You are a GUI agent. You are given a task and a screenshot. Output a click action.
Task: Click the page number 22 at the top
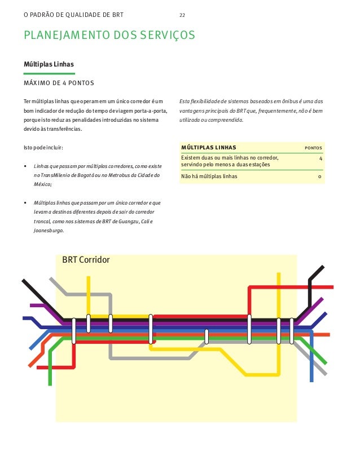click(182, 14)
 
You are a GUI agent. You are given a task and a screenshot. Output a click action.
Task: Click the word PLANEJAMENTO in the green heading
click(62, 36)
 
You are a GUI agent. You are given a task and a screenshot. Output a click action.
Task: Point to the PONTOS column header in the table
click(314, 148)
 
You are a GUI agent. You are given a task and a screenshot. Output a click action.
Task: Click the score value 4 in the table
click(320, 158)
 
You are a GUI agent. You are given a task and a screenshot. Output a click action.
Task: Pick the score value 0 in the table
click(320, 176)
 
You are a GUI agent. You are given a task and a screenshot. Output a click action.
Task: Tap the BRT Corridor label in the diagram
click(86, 260)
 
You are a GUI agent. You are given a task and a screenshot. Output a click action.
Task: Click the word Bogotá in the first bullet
click(92, 176)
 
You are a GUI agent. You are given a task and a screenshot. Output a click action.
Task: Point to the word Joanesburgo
click(49, 231)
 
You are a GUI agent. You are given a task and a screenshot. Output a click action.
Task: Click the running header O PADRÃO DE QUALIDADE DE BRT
click(73, 14)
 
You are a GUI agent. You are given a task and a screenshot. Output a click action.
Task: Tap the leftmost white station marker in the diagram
click(74, 330)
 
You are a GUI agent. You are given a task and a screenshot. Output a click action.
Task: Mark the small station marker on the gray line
click(207, 336)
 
